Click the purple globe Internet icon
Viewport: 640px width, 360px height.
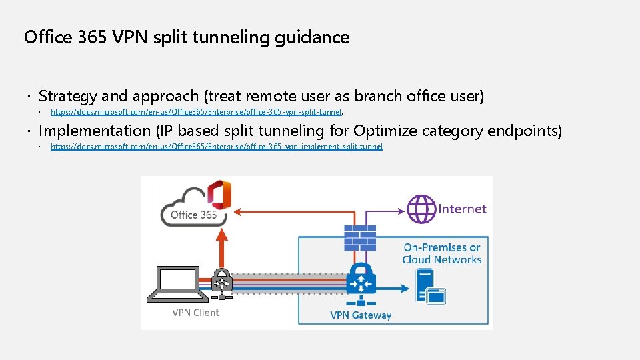point(421,209)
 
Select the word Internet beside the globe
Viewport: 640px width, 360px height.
point(462,209)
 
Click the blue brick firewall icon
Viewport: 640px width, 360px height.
point(359,237)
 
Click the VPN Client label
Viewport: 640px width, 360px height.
point(195,312)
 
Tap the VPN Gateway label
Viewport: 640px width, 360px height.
point(361,315)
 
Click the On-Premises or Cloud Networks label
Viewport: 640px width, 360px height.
point(441,253)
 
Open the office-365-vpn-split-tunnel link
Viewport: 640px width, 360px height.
point(196,112)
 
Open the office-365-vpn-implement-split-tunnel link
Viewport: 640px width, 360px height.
point(217,147)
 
